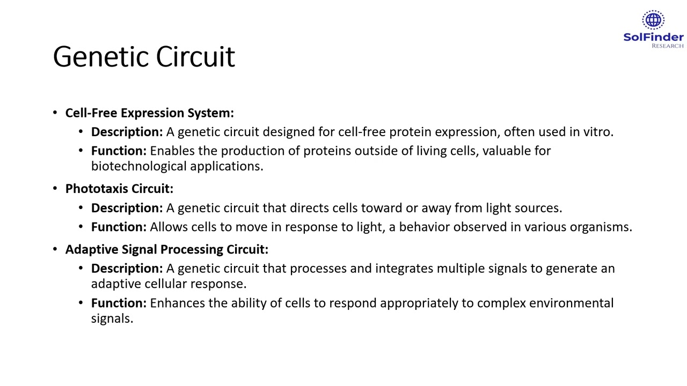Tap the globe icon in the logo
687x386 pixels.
tap(653, 20)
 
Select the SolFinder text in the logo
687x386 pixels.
tap(653, 38)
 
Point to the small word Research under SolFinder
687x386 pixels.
tap(667, 46)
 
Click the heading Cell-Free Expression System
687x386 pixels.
tap(149, 113)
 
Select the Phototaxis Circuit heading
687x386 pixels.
tap(119, 189)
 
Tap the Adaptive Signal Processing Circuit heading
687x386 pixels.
tap(166, 249)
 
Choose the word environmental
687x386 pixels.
tap(571, 303)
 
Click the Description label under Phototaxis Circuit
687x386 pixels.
tap(127, 208)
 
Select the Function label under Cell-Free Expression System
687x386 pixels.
tap(119, 151)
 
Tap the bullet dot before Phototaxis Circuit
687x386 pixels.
tap(55, 189)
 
